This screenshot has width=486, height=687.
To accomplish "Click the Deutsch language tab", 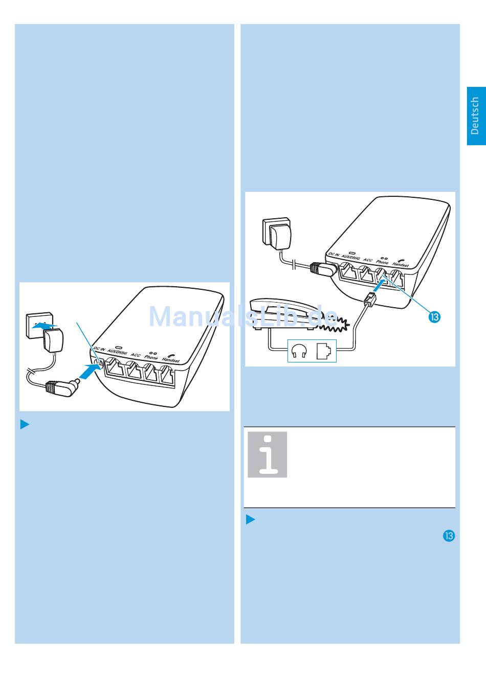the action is pyautogui.click(x=476, y=116).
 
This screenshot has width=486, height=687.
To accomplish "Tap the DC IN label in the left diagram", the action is pyautogui.click(x=99, y=349).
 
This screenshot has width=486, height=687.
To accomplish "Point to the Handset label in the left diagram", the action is pyautogui.click(x=171, y=359).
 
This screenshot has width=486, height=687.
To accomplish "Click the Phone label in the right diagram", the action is pyautogui.click(x=382, y=262).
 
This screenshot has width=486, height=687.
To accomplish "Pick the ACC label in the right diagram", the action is pyautogui.click(x=368, y=260).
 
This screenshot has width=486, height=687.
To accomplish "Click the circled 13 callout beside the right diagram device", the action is pyautogui.click(x=435, y=317).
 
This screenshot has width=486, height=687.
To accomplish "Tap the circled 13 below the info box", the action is pyautogui.click(x=449, y=536).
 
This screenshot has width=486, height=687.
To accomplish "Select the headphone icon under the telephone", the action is pyautogui.click(x=299, y=351).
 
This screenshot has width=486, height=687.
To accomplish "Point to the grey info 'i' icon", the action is pyautogui.click(x=268, y=454).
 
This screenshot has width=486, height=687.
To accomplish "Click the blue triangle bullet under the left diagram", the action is pyautogui.click(x=25, y=424).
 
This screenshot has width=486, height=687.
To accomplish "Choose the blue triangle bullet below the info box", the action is pyautogui.click(x=251, y=519).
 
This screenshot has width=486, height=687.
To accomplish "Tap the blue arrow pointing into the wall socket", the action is pyautogui.click(x=46, y=326).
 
